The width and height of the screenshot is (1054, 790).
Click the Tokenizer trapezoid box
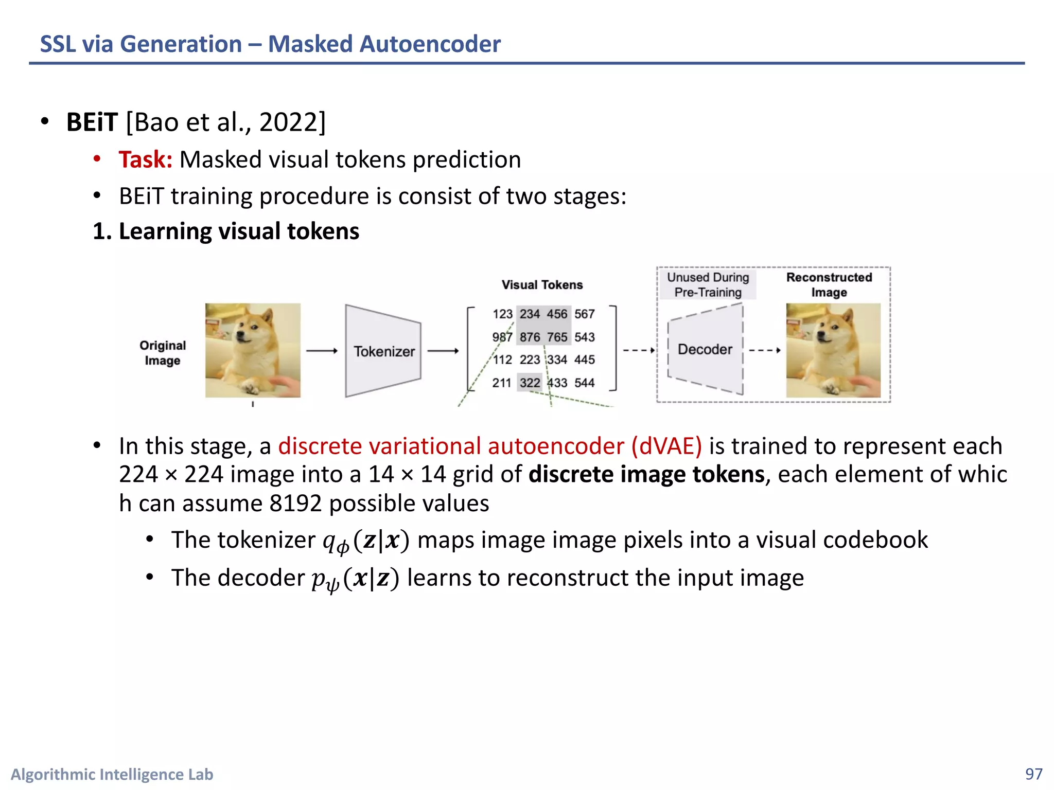(383, 351)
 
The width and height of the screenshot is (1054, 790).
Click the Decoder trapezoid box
(705, 349)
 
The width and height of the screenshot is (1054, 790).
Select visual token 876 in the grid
(530, 337)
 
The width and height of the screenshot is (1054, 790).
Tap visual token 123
(502, 314)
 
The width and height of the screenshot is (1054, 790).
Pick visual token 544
(584, 383)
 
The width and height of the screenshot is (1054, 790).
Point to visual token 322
(530, 383)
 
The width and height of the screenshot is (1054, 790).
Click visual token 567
(584, 314)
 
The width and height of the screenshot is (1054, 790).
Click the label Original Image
(163, 352)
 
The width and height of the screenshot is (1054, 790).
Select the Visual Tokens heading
(542, 285)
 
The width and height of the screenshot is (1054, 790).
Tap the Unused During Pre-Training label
(708, 284)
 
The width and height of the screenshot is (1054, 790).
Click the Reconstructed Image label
(829, 284)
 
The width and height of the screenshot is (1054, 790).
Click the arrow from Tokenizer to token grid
(443, 351)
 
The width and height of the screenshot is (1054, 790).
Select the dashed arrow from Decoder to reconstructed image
(765, 350)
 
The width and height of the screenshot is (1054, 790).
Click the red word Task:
(145, 159)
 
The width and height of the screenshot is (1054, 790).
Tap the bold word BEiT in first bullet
(92, 122)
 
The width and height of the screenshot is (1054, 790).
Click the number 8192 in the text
(295, 503)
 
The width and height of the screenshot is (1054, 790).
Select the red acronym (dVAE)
(666, 446)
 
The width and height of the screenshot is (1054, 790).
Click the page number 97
(1033, 774)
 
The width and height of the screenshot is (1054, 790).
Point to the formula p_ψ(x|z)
(355, 579)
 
